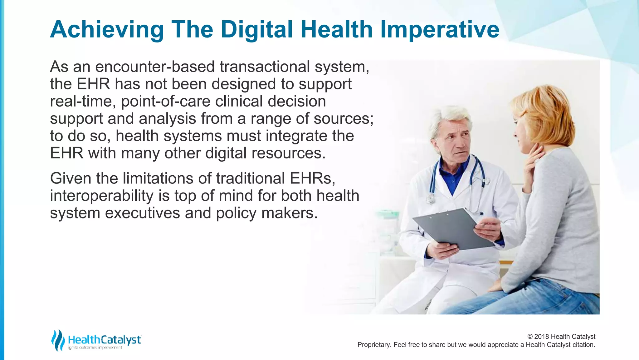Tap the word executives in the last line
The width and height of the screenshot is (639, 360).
pyautogui.click(x=142, y=213)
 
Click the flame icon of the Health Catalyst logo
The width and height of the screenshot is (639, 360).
pyautogui.click(x=58, y=340)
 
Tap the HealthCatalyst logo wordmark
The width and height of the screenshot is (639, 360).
pyautogui.click(x=105, y=340)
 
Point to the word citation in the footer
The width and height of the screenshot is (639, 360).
pyautogui.click(x=583, y=345)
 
